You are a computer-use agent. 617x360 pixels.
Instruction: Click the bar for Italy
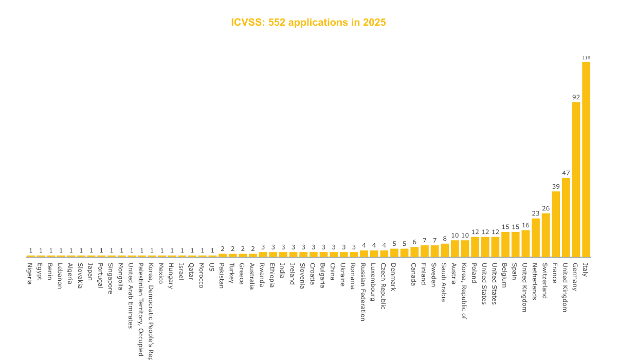coord(586,159)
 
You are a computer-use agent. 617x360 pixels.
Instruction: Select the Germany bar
coord(576,179)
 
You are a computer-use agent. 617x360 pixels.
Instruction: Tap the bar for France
coord(556,224)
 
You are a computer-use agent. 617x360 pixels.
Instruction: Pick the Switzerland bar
coord(546,235)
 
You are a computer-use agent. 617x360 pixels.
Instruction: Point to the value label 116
coord(586,58)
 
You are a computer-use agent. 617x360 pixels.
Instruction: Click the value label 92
coord(576,97)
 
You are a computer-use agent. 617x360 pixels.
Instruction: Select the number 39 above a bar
coord(556,187)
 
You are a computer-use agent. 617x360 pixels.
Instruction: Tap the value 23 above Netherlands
coord(536,213)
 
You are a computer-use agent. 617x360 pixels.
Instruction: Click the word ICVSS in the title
coord(246,23)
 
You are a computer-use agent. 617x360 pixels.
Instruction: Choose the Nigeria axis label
coord(30,274)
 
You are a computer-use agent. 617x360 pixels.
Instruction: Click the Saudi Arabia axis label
coord(444,282)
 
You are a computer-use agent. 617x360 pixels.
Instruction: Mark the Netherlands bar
coord(536,238)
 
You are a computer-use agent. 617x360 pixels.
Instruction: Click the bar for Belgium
coord(505,244)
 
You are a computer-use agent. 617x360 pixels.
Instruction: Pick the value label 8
coord(445,239)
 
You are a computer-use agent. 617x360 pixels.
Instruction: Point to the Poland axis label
coord(475,274)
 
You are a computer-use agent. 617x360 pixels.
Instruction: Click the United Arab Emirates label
coord(131,295)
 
